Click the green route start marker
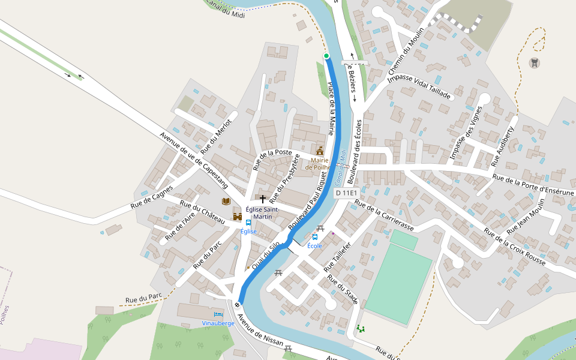[326, 56]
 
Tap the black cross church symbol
[262, 198]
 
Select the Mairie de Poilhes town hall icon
[320, 151]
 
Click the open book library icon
[226, 202]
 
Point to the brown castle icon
[238, 217]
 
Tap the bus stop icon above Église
[248, 223]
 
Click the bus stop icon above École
[315, 237]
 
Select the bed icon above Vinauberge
[218, 314]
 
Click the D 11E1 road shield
[346, 193]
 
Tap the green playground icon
[360, 328]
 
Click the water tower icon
[533, 62]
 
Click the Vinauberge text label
[218, 323]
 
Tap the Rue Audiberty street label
[503, 146]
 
